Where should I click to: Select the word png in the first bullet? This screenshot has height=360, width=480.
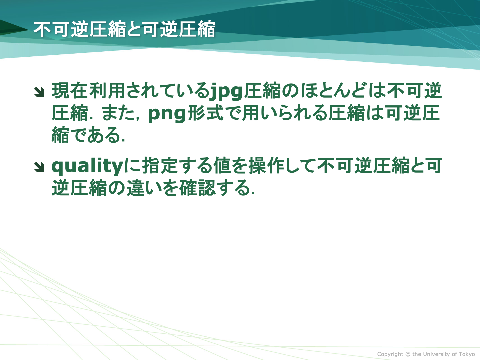[x=167, y=114]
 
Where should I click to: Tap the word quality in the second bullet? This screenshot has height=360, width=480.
[x=87, y=166]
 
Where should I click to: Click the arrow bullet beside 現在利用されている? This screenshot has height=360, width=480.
[x=39, y=92]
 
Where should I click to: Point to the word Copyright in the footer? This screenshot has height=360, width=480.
[x=390, y=354]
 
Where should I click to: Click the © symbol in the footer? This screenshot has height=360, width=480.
[x=408, y=354]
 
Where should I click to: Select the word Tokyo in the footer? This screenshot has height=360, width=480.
[x=467, y=354]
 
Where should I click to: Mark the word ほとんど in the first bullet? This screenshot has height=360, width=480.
[x=333, y=90]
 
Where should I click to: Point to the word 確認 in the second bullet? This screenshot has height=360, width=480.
[x=197, y=188]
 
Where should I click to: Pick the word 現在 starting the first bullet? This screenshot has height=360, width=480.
[x=70, y=90]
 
